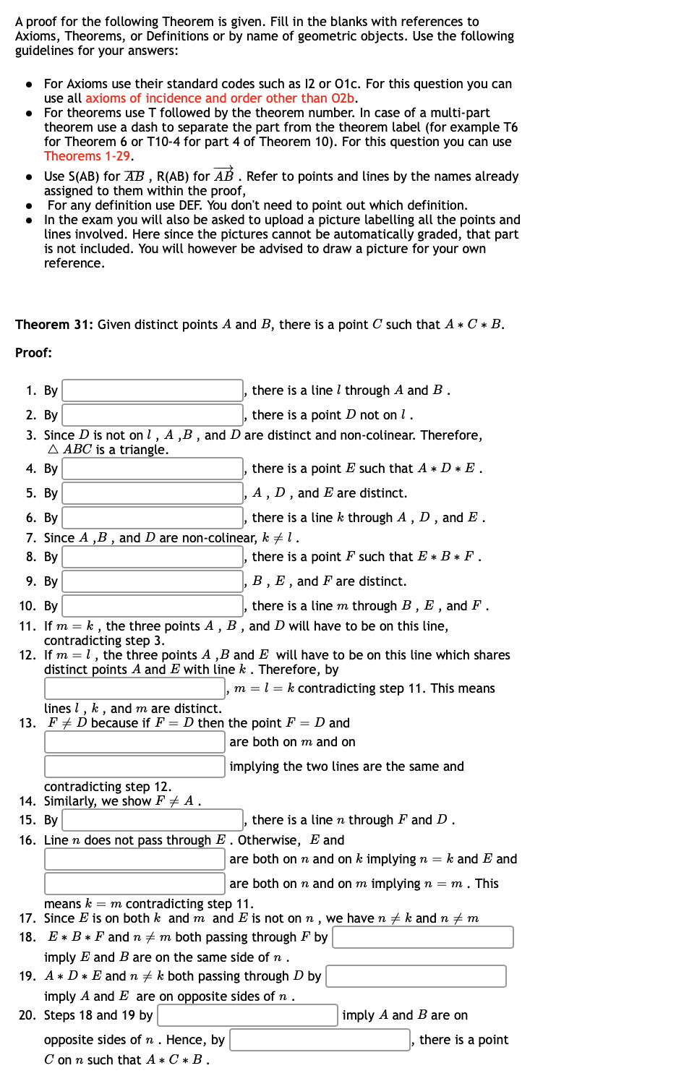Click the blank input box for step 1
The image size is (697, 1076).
coord(153,390)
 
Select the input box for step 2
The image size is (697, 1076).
coord(153,415)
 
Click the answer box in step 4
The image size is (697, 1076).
coord(153,469)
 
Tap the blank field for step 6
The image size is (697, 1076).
coord(153,518)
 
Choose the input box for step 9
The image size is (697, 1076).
coord(153,581)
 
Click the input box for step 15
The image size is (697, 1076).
coord(153,820)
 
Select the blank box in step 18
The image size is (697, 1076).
coord(423,937)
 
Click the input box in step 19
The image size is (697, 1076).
coord(416,976)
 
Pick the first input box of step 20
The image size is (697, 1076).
coord(247,1015)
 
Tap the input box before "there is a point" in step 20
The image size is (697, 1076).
coord(320,1040)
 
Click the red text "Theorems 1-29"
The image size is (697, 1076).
coord(87,156)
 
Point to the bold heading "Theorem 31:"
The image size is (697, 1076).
coord(54,325)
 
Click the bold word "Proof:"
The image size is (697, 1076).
coord(33,353)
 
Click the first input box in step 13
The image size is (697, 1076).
coord(134,742)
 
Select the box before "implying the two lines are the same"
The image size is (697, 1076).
coord(134,767)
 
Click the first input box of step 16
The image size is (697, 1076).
coord(134,859)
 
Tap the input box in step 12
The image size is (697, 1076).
coord(134,688)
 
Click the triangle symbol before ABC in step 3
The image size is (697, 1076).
coord(53,450)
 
